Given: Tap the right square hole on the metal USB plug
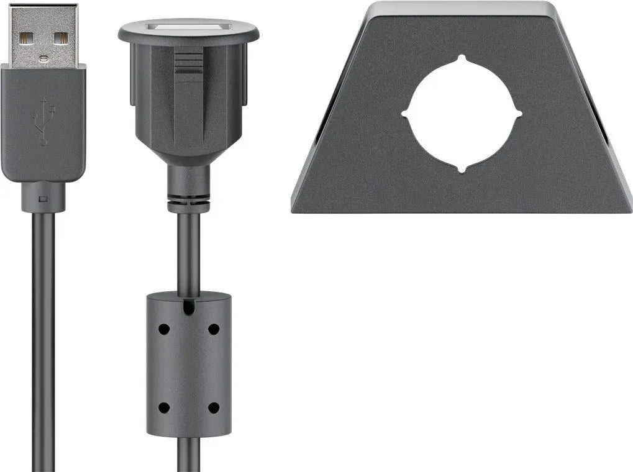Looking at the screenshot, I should coord(60,38).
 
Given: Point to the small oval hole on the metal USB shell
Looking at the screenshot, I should coord(43,59).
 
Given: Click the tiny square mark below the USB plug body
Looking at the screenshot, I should coord(43,199).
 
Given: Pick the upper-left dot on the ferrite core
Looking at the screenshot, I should coord(163,329).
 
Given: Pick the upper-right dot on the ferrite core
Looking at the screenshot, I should coord(214,329).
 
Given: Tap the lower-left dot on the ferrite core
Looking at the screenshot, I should coord(163,408).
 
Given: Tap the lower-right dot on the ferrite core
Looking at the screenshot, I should coord(214,408).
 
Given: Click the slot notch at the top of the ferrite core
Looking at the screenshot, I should coord(188,306).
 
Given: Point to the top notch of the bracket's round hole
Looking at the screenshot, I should coord(462,59).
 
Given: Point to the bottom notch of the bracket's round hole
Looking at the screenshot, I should coord(462,169).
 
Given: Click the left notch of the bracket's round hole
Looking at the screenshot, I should coord(406,114).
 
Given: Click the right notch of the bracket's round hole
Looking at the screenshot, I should coord(517,114).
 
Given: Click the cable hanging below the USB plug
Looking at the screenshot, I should coord(43,342).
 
